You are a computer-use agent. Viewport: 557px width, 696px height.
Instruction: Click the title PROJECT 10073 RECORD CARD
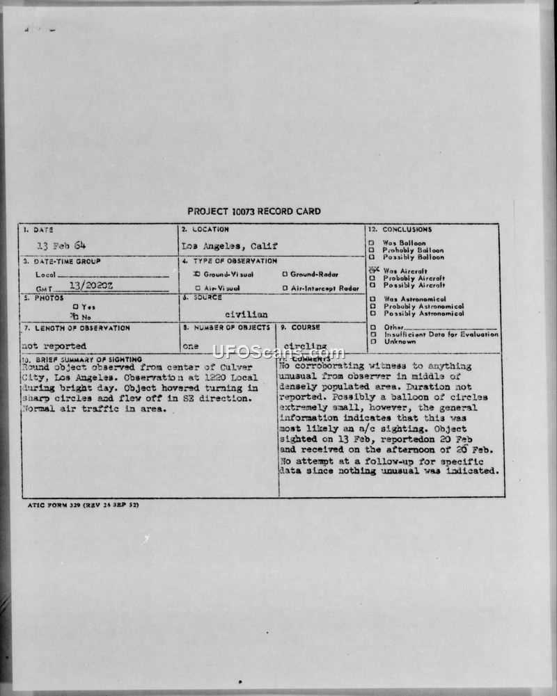[x=254, y=211]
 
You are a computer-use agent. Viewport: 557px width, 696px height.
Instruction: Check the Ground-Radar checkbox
[x=285, y=274]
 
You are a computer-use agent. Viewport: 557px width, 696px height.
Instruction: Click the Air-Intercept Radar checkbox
[x=285, y=288]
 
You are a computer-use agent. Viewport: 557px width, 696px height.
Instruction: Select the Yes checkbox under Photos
[x=75, y=307]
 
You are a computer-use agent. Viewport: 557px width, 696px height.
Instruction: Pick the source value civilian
[x=246, y=314]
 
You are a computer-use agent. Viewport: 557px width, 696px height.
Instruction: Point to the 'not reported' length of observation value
[x=54, y=346]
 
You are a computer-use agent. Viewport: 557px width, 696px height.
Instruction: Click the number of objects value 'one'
[x=190, y=346]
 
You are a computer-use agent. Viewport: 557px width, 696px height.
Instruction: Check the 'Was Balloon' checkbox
[x=372, y=243]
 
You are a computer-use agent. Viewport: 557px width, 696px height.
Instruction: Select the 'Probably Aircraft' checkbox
[x=372, y=278]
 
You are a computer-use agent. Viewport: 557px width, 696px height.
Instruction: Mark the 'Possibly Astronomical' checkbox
[x=372, y=314]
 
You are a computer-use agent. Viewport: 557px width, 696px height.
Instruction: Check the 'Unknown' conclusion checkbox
[x=372, y=341]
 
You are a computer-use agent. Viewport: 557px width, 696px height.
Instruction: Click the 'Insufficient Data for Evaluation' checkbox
[x=372, y=334]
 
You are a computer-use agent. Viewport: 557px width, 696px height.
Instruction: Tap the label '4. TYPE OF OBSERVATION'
[x=229, y=261]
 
